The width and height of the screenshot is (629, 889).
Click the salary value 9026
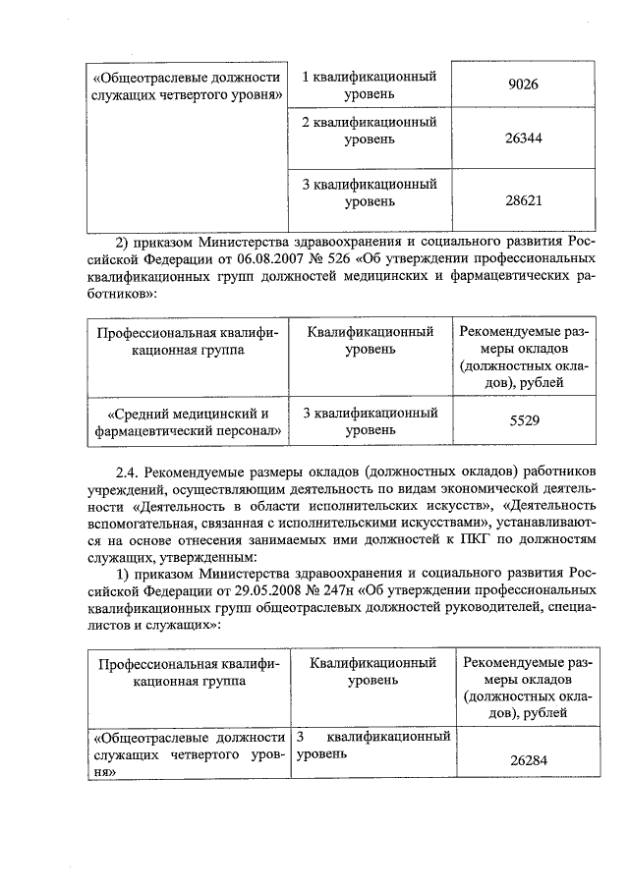coord(523,85)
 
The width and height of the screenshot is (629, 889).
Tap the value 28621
coord(523,197)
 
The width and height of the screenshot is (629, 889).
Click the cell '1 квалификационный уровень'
coord(369,84)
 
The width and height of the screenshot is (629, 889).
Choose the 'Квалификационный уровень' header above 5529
coord(369,342)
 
